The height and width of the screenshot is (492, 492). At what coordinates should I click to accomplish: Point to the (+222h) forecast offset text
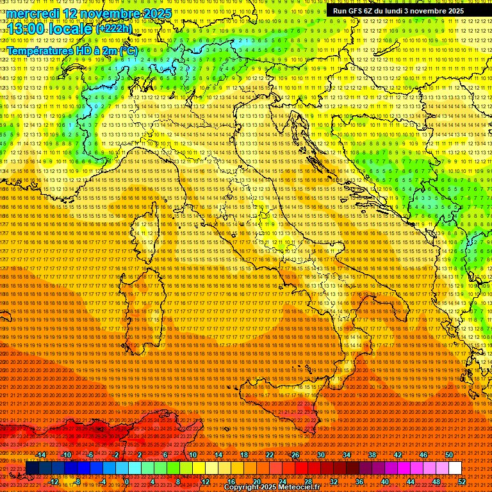pos(114,28)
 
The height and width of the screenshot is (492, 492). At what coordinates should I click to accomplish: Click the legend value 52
pos(462,481)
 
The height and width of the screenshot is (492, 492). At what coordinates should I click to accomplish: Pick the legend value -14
pos(41,455)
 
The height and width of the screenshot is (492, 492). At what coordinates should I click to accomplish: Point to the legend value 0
pos(127,481)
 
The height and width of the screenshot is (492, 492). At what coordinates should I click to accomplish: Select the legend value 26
pos(295,455)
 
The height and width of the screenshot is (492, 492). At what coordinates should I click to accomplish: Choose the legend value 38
pos(372,455)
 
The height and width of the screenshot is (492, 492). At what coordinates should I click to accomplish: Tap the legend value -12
pos(54,481)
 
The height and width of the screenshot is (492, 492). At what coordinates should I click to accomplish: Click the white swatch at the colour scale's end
pos(455,468)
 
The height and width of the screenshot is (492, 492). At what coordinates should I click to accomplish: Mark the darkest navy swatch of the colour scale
pos(32,468)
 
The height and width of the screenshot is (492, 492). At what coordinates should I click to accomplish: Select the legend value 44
pos(411,481)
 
